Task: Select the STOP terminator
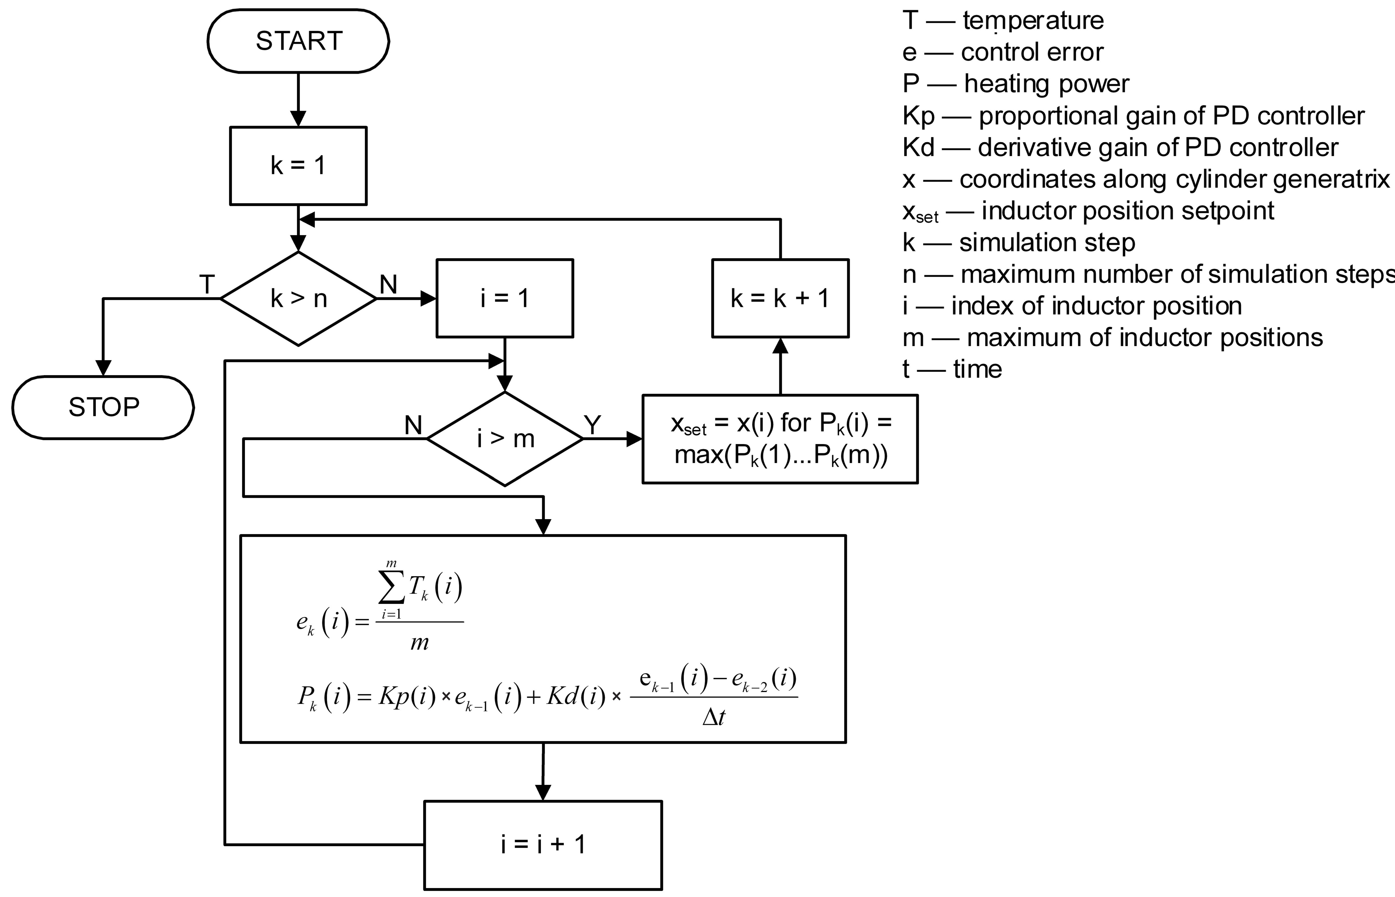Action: click(x=103, y=407)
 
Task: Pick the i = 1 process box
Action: click(x=505, y=298)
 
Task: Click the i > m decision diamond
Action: click(x=505, y=439)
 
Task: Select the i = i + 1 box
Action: click(x=543, y=845)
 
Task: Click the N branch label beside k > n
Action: click(x=389, y=285)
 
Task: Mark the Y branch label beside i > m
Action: click(x=592, y=425)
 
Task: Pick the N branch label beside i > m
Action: click(x=413, y=425)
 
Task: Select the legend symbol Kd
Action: click(x=918, y=147)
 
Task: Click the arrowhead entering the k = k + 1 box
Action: click(x=780, y=346)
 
